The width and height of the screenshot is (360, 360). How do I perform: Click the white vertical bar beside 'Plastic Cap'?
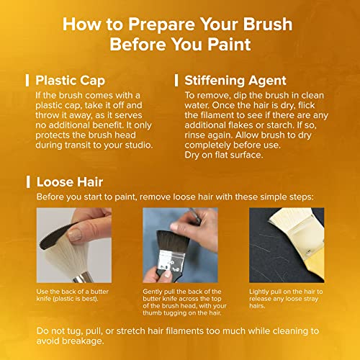point(27,80)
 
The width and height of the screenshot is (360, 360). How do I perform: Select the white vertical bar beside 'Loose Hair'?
point(27,182)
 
